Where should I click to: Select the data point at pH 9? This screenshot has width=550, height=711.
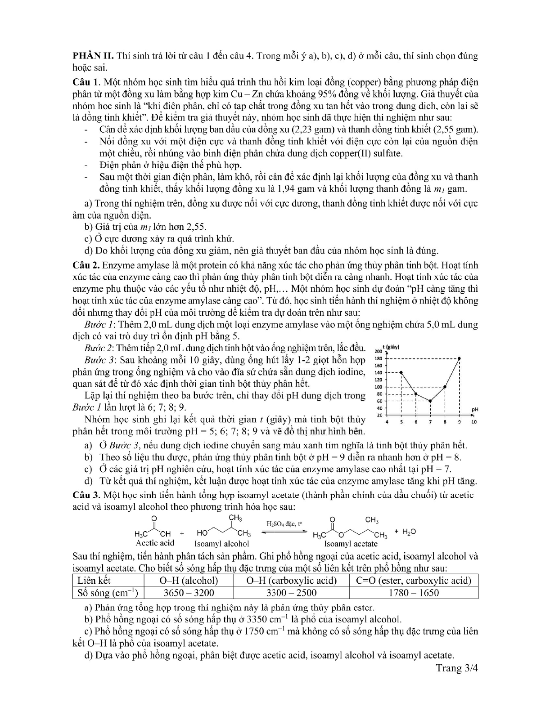click(459, 358)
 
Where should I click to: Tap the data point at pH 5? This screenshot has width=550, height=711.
click(401, 373)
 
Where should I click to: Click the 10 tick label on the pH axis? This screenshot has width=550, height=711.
click(473, 422)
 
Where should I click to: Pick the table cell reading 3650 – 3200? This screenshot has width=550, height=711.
click(189, 593)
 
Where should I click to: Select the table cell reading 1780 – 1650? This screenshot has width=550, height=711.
click(414, 593)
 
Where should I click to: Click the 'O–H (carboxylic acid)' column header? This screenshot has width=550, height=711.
click(292, 581)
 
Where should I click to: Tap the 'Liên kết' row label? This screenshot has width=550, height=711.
click(94, 581)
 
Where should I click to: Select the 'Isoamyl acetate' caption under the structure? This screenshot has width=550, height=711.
click(351, 544)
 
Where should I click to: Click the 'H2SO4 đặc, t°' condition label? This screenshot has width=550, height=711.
click(284, 523)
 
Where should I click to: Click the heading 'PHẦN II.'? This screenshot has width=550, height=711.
click(92, 56)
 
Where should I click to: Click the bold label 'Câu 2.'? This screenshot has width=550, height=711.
click(86, 265)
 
